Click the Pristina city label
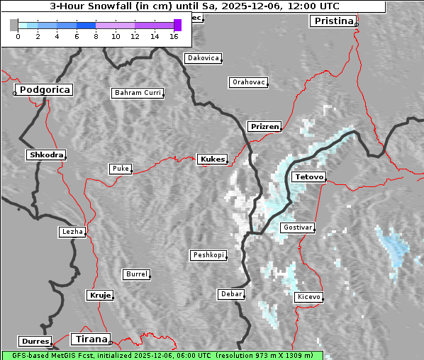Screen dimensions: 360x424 coord(332,21)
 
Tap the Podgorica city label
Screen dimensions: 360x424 coord(44,90)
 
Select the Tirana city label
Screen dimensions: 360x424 coord(90,339)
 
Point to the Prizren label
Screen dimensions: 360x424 coord(264,127)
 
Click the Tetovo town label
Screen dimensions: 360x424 coord(308,176)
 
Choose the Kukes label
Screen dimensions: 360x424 coord(212,159)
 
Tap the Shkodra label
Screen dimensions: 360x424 coord(46,155)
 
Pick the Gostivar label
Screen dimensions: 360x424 coord(297,227)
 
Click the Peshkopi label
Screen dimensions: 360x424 coord(208,255)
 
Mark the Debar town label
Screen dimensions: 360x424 coord(231,294)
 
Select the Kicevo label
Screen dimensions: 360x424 coord(309,297)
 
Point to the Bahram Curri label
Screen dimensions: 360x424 coord(138,93)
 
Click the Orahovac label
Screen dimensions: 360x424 coord(248,82)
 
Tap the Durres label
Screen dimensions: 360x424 coord(35,342)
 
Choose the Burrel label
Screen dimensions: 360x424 coord(136,274)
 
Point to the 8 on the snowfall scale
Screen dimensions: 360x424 coord(96,35)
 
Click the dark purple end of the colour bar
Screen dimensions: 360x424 coord(177,25)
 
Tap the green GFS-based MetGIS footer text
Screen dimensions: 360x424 coord(162,355)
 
